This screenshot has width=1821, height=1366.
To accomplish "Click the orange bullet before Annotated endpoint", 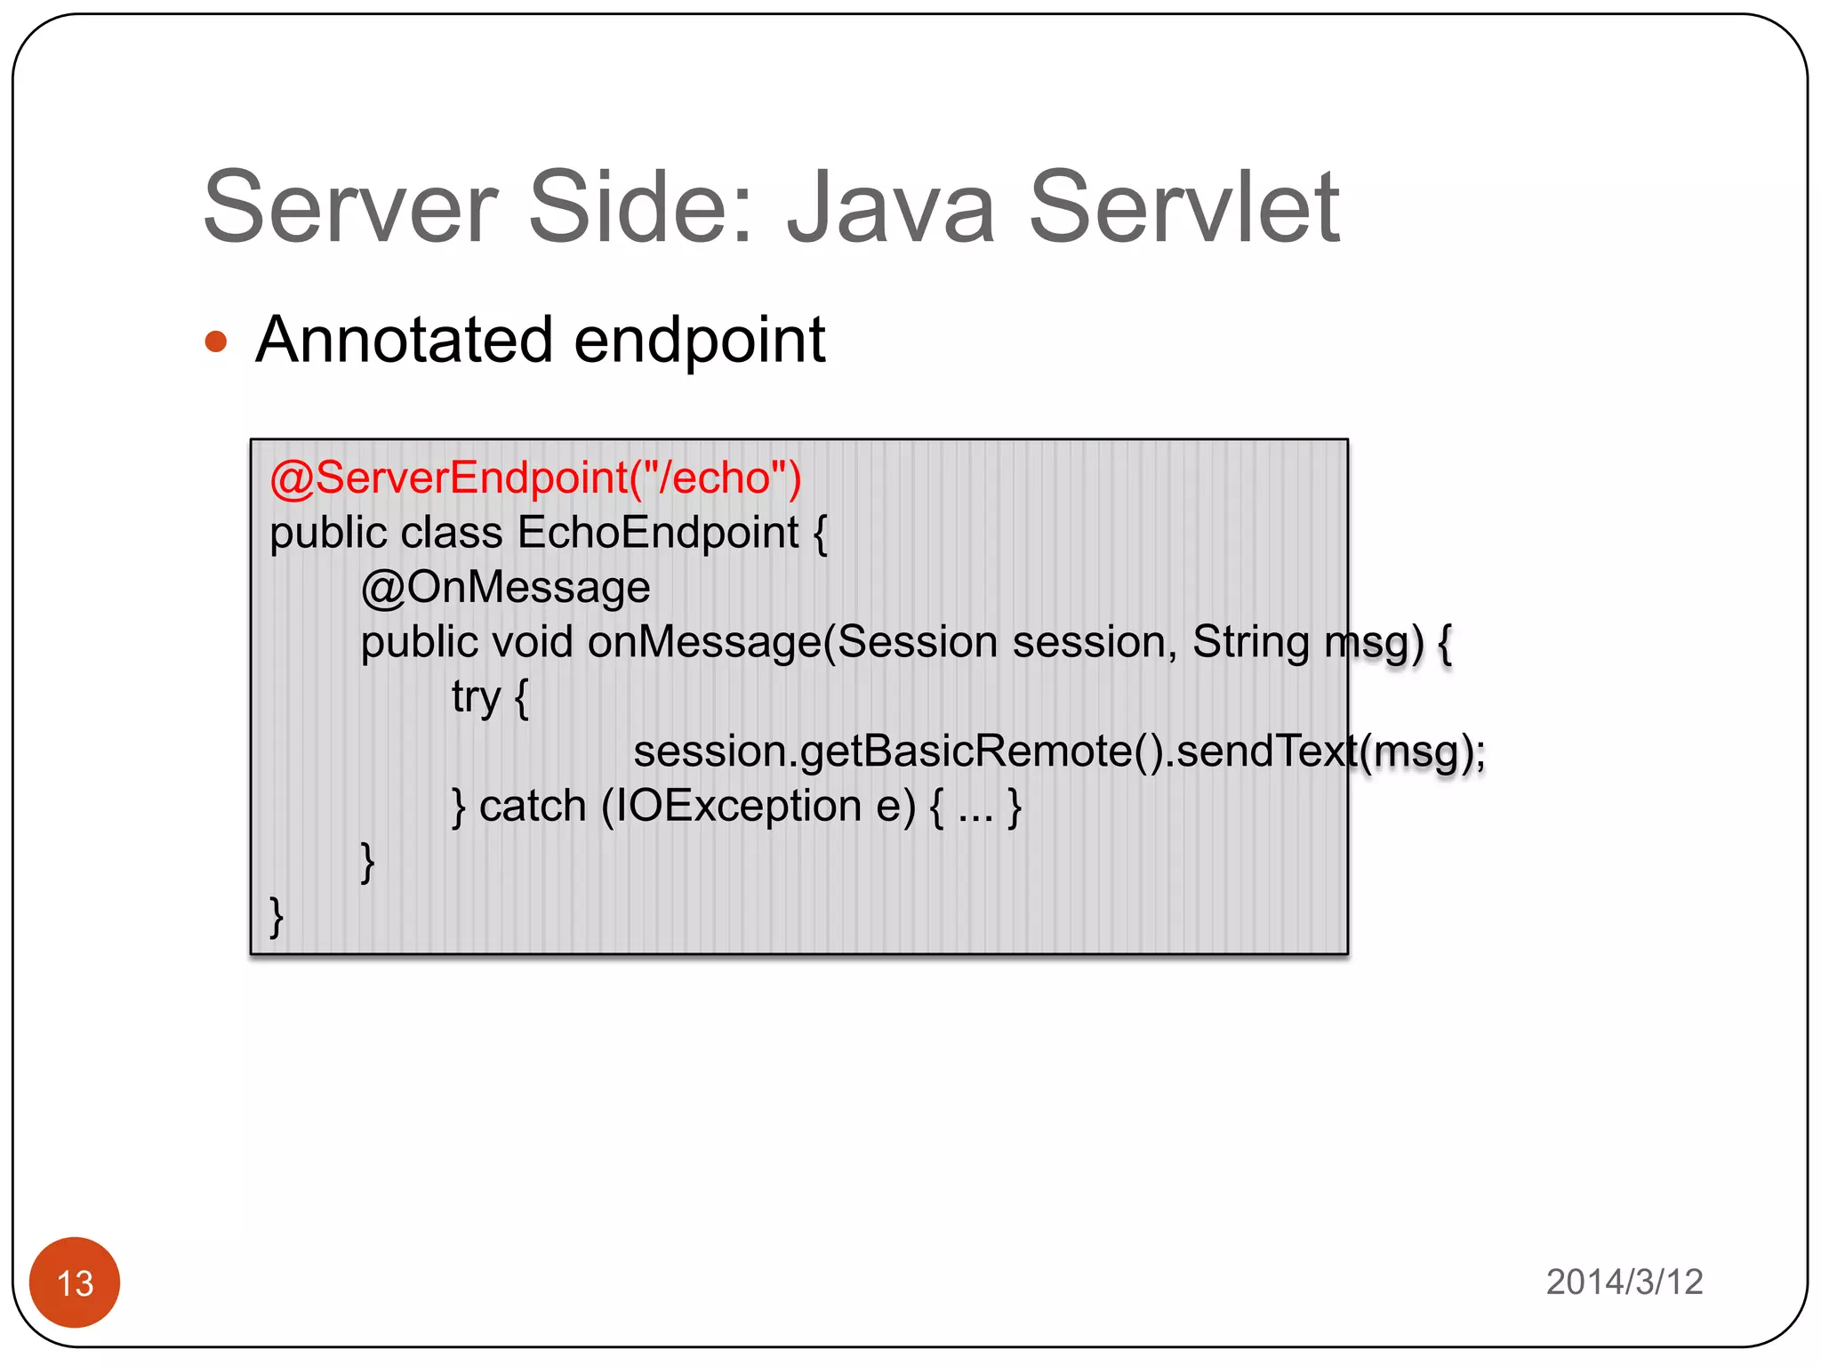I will tap(216, 341).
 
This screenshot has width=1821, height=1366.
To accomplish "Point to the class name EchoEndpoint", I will tap(658, 533).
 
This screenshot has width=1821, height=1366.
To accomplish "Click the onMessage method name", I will tap(703, 642).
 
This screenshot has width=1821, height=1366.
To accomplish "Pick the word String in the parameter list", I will tap(1250, 642).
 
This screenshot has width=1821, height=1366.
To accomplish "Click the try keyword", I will tap(476, 698).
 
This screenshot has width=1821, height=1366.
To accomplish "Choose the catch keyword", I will tap(533, 807).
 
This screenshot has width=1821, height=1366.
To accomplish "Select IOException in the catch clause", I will tap(739, 807).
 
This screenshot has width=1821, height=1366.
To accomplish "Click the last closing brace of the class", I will tap(277, 916).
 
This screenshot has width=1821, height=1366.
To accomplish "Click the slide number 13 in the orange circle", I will tap(75, 1283).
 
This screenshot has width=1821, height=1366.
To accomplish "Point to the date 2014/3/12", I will tap(1624, 1282).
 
